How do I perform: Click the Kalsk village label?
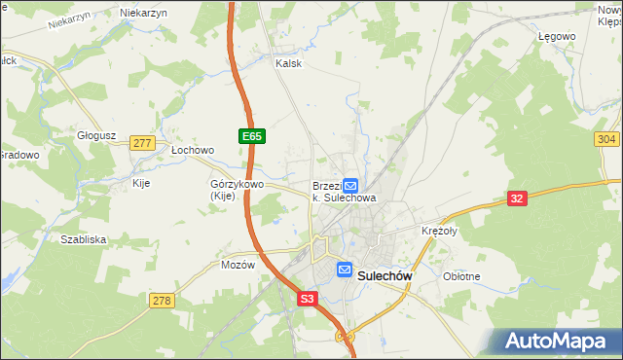[x=289, y=63]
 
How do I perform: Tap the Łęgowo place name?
[x=557, y=36]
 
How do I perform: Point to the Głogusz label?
[x=96, y=136]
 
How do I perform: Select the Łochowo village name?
[x=192, y=151]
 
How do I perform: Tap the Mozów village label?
[x=238, y=265]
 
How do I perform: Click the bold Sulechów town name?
[x=386, y=275]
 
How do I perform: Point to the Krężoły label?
[x=439, y=231]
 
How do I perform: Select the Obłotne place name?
[x=461, y=276]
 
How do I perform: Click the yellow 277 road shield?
[x=142, y=143]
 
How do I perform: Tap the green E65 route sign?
[x=251, y=137]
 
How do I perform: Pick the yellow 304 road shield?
[x=605, y=139]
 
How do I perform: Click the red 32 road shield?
[x=518, y=198]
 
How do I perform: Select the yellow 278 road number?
[x=162, y=301]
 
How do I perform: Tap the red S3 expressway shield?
[x=308, y=301]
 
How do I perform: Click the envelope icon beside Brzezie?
[x=350, y=185]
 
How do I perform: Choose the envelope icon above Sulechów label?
[x=344, y=270]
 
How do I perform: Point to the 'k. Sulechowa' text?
[x=344, y=198]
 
